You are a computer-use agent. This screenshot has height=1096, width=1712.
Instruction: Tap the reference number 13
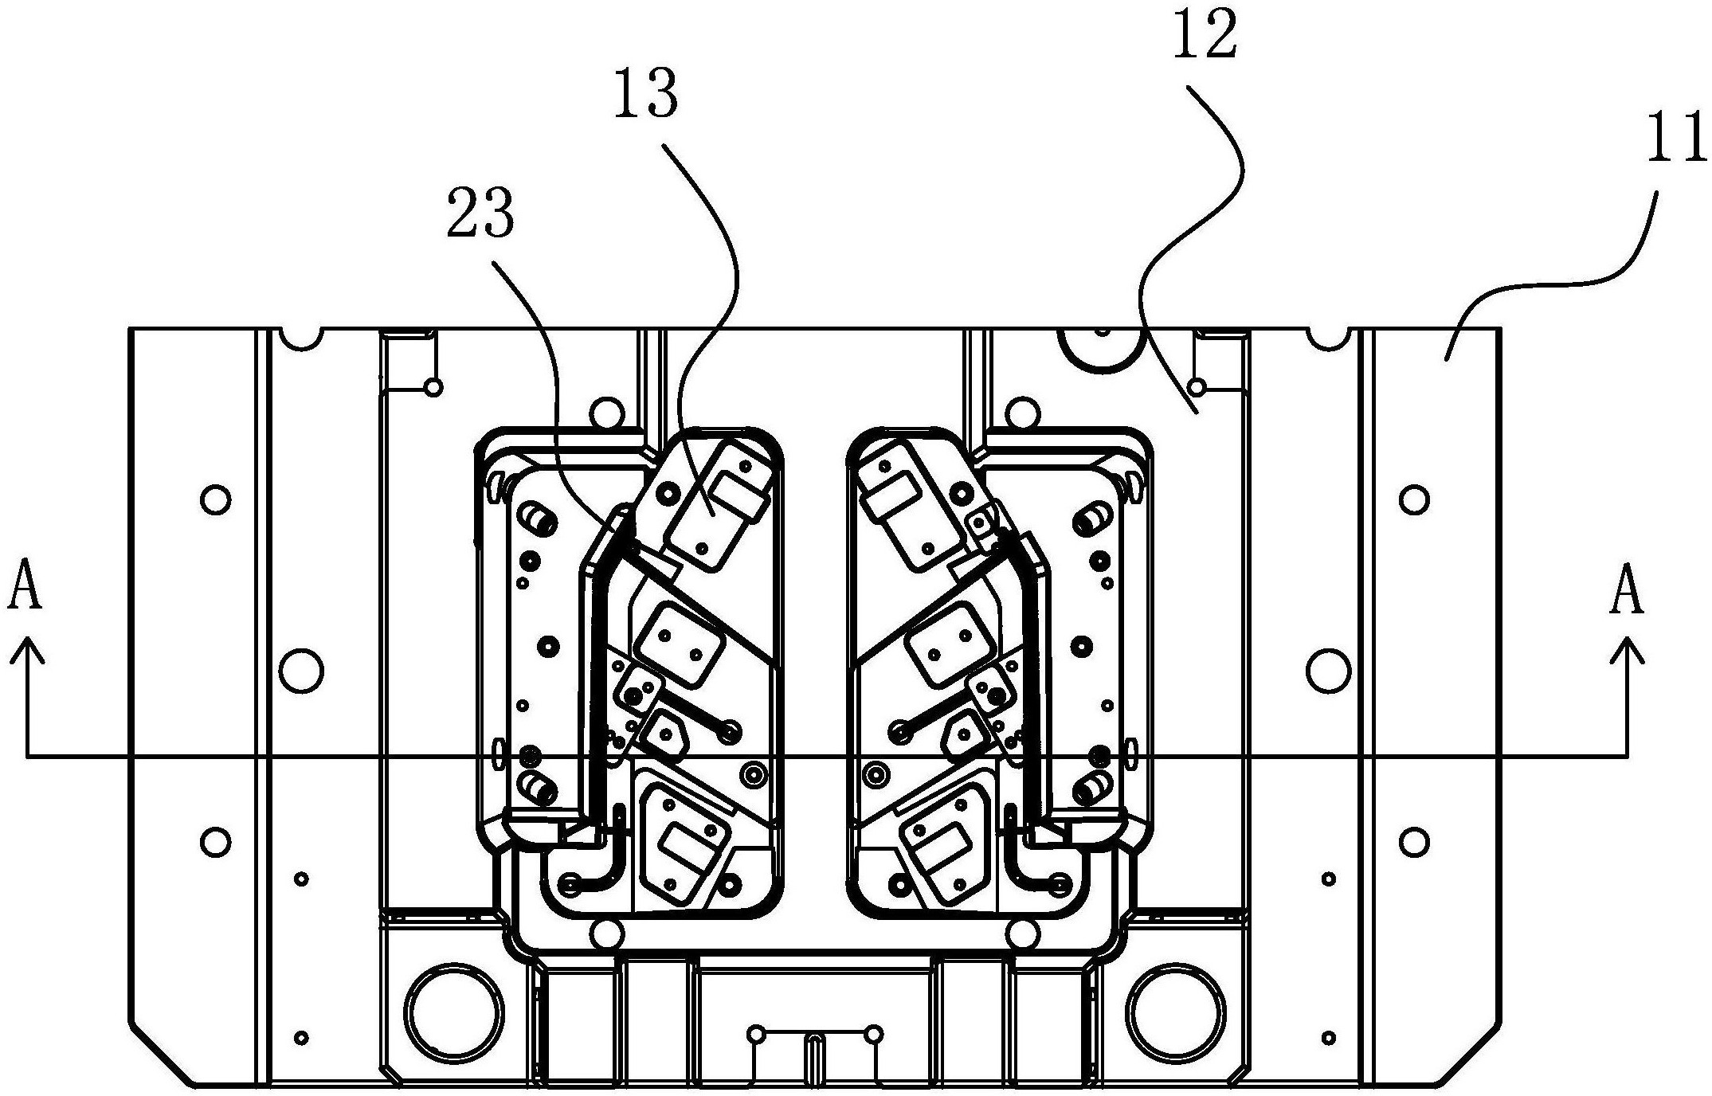[x=645, y=93]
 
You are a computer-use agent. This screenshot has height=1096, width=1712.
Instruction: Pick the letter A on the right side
[x=1627, y=590]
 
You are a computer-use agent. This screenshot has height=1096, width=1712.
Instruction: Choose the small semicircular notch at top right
[x=1329, y=339]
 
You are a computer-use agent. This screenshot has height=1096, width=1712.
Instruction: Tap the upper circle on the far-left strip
[x=216, y=500]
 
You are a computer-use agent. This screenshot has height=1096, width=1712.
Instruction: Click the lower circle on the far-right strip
[x=1414, y=842]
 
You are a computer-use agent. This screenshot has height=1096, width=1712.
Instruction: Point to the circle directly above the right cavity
[x=1024, y=413]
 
